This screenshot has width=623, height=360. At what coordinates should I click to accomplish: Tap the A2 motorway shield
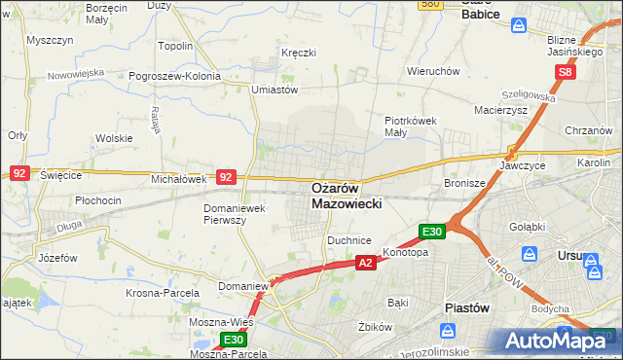(x=366, y=263)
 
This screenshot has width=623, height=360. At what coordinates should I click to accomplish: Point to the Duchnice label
(x=349, y=238)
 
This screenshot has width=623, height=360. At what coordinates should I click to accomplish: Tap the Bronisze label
(x=464, y=182)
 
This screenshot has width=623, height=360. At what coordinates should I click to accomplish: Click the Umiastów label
(x=274, y=90)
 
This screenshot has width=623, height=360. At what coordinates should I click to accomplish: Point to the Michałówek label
(x=179, y=179)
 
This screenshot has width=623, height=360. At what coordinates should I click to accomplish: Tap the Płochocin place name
(x=98, y=200)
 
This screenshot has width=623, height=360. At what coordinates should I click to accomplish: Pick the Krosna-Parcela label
(x=163, y=292)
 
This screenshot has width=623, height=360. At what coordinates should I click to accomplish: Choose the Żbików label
(x=374, y=327)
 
